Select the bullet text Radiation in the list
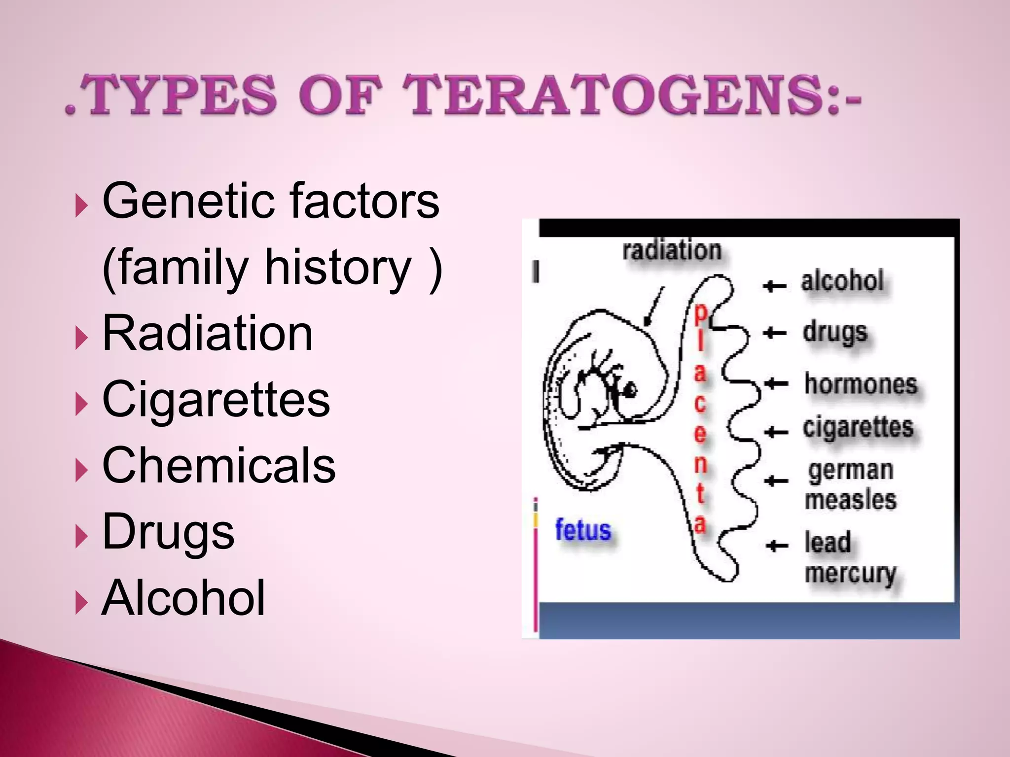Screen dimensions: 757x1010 coord(207,334)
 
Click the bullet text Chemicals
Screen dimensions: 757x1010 coord(218,465)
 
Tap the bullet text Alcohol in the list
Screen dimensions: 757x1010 coord(183,597)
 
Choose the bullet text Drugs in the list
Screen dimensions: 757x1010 coord(168,532)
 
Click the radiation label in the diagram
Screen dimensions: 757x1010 coord(672,250)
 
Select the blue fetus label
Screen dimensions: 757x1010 coord(583,530)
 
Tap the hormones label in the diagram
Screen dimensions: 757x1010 coord(861,384)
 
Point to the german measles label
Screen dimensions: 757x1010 coord(851,485)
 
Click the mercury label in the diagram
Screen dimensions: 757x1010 coord(850,574)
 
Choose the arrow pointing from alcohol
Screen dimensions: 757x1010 coord(774,285)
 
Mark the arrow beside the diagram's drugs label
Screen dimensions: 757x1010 coord(774,333)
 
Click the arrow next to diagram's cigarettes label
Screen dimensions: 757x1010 coord(776,432)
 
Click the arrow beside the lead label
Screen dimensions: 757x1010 coord(777,545)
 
